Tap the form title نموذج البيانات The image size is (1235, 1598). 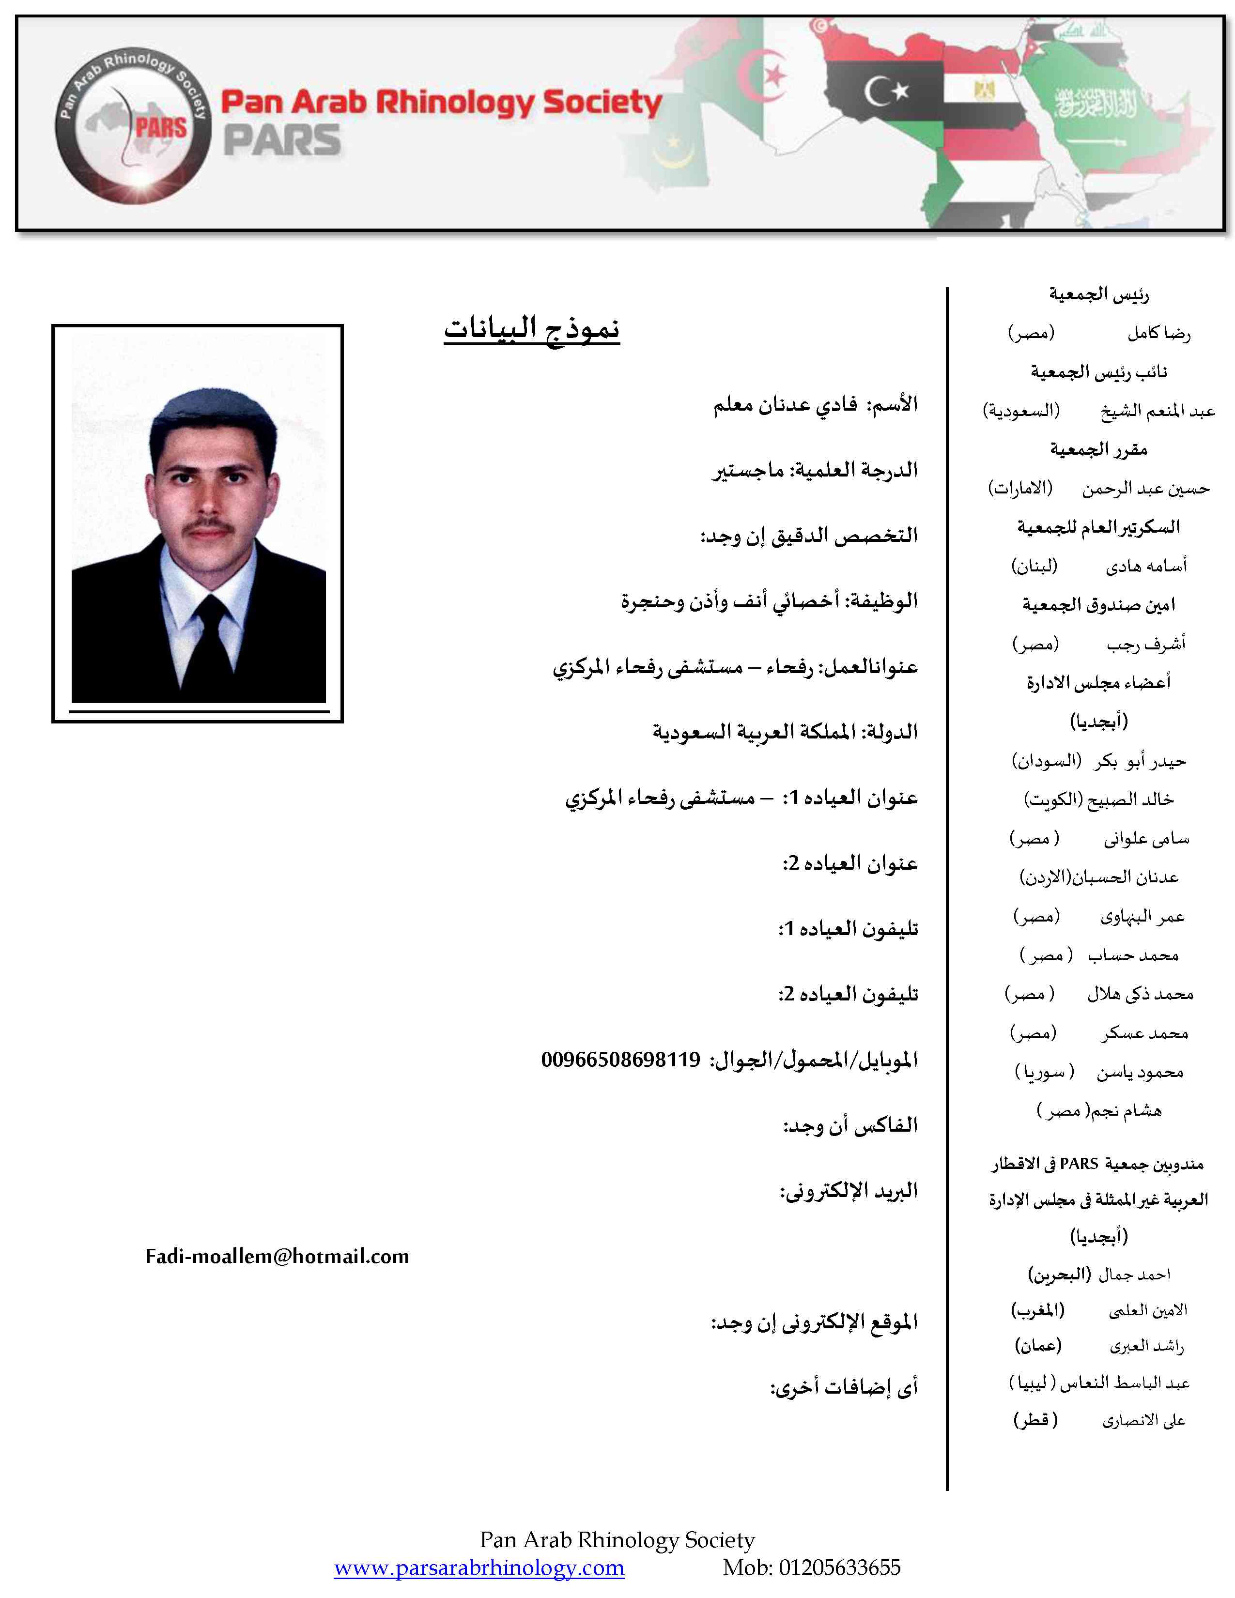coord(532,328)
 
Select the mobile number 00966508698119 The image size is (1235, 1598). coord(620,1059)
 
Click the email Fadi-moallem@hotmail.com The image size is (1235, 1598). coord(278,1256)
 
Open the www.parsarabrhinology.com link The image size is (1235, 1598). coord(479,1568)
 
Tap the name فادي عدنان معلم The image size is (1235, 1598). coord(785,404)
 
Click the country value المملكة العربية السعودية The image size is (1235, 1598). coord(754,732)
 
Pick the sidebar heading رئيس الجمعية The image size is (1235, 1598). coord(1099,294)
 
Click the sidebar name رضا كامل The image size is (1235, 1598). coord(1159,333)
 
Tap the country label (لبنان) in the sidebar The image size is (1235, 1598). coord(1034,566)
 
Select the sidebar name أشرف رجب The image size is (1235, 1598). coord(1146,644)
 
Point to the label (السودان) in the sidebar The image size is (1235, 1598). coord(1046,761)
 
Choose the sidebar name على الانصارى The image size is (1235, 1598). coord(1143,1421)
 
